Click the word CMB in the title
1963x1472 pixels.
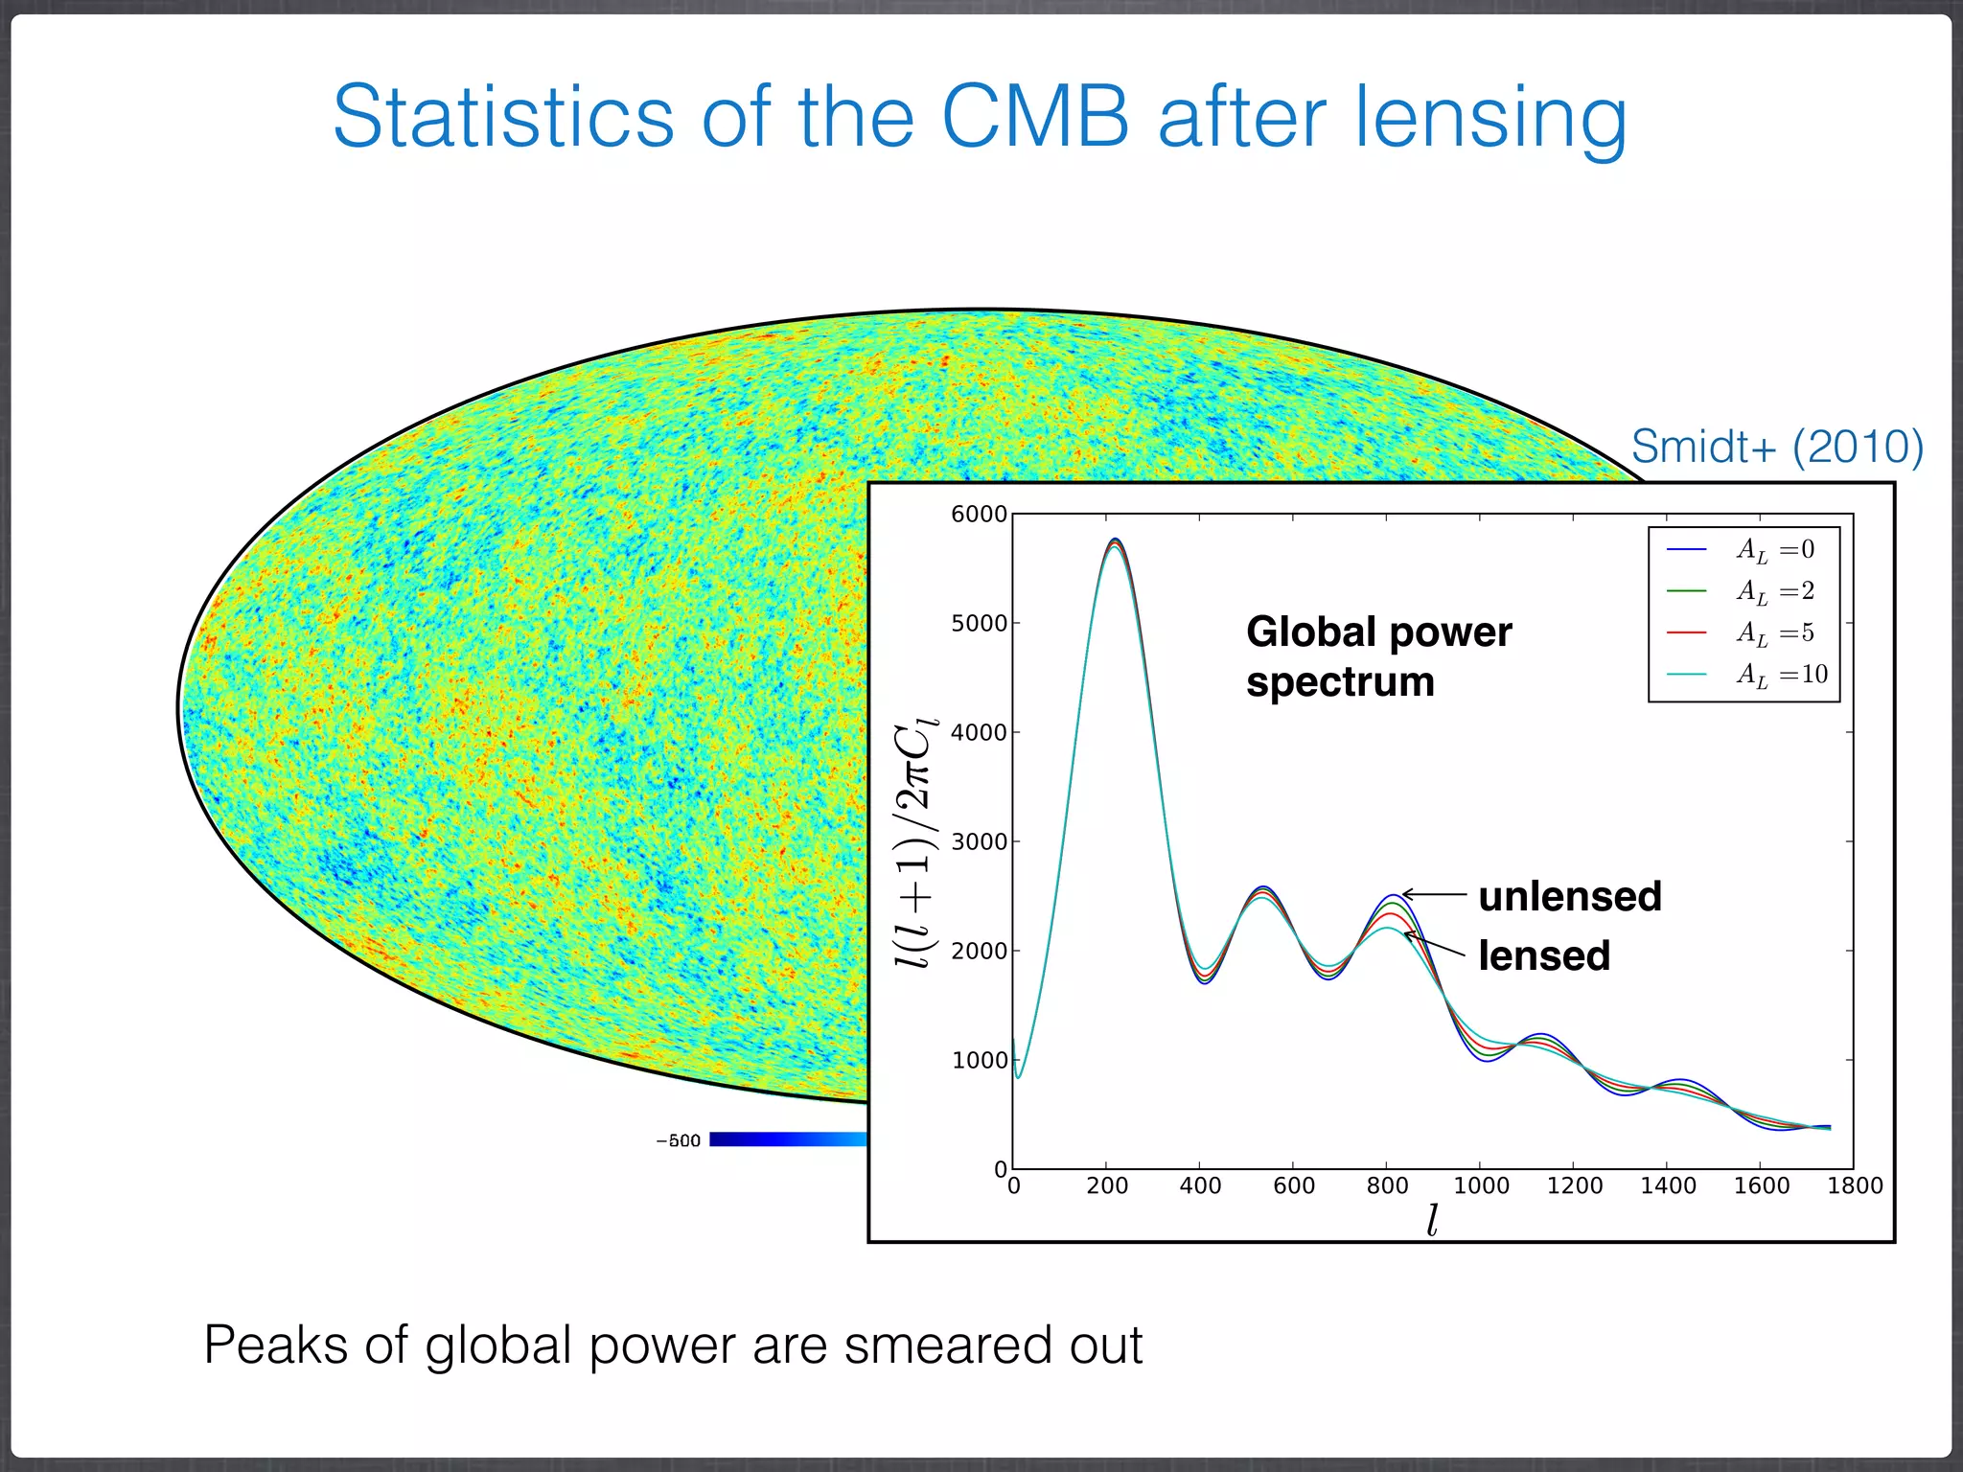point(1035,117)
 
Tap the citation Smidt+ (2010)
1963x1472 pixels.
point(1777,447)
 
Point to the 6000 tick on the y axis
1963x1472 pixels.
point(979,515)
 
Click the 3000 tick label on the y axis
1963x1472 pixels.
point(979,842)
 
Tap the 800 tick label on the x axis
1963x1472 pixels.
point(1387,1186)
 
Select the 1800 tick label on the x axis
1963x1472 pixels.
point(1855,1186)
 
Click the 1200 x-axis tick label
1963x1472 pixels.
point(1574,1186)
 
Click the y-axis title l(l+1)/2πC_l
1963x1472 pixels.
point(915,842)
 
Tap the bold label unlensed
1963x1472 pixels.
point(1569,897)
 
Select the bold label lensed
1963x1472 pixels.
point(1543,956)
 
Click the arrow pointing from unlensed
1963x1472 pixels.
point(1434,895)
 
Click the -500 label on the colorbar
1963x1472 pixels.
point(678,1140)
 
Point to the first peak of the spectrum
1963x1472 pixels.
point(1115,541)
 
